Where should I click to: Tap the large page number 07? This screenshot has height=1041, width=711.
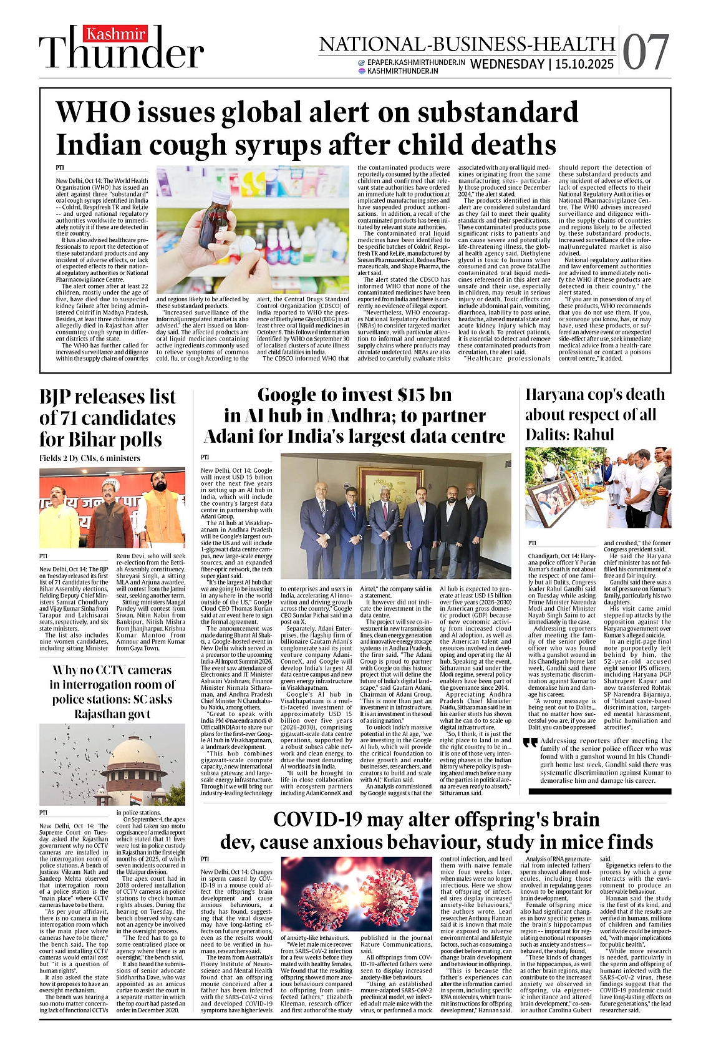point(646,52)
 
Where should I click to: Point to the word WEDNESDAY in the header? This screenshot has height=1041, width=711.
point(507,64)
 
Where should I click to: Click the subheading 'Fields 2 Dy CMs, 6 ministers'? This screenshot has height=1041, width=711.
point(90,458)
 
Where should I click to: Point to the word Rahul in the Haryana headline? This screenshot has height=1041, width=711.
point(592,435)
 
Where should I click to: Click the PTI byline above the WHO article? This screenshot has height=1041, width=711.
point(60,168)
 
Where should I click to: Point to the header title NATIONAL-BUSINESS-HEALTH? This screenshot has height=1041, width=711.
point(467,44)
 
